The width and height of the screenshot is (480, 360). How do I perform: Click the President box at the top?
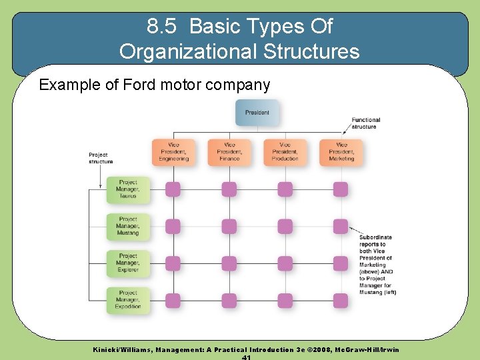tap(257, 113)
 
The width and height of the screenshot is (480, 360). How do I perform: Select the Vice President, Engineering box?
tap(173, 152)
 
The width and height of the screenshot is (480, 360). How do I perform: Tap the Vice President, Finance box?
tap(229, 152)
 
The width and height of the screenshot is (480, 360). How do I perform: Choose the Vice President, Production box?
tap(285, 152)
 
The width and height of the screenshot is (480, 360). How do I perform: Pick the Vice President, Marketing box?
tap(341, 152)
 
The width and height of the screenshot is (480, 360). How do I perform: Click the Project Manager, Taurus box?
tap(128, 189)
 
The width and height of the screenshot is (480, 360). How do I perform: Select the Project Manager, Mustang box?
tap(128, 227)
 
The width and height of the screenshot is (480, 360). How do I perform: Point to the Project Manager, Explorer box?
tap(128, 263)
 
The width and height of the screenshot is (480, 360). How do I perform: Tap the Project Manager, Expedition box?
tap(128, 301)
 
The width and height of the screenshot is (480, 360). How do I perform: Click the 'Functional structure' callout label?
tap(365, 123)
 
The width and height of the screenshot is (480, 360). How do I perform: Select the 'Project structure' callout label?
tap(101, 158)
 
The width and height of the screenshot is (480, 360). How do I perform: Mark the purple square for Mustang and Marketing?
tap(341, 227)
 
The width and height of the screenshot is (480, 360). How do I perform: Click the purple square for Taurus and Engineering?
tap(173, 189)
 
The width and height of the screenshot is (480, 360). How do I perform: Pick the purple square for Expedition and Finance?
tap(229, 301)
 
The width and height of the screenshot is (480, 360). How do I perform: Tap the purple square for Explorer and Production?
tap(285, 264)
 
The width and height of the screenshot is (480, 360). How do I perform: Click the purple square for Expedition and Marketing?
tap(341, 301)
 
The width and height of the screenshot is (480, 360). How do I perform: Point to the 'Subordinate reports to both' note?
tap(377, 265)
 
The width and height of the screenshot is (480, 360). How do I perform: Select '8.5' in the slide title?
tap(161, 27)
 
